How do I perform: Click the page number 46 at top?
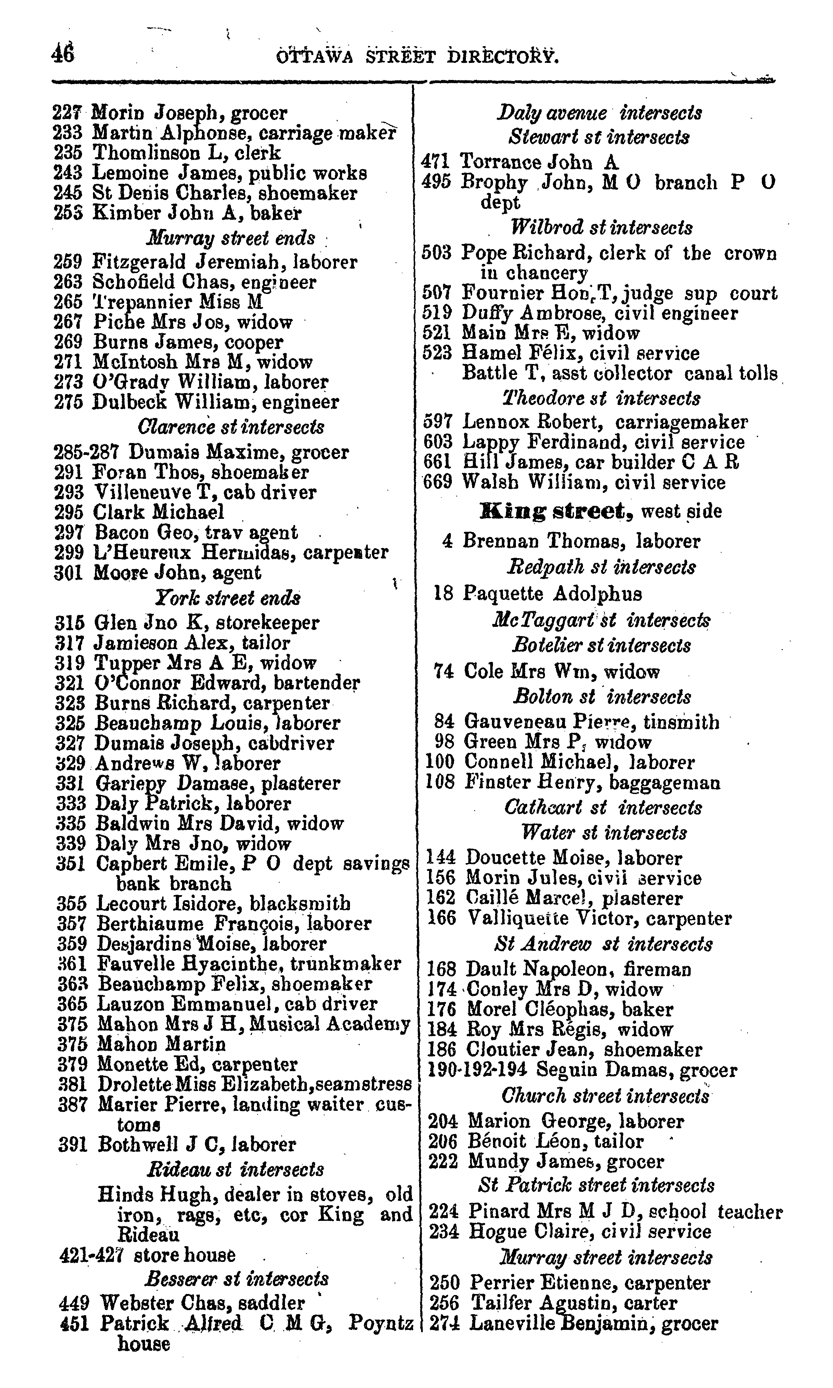(x=63, y=55)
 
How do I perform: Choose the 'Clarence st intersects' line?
(x=231, y=427)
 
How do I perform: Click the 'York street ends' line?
(x=227, y=598)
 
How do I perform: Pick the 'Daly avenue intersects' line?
(x=599, y=113)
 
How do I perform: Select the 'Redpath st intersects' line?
(x=601, y=567)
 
